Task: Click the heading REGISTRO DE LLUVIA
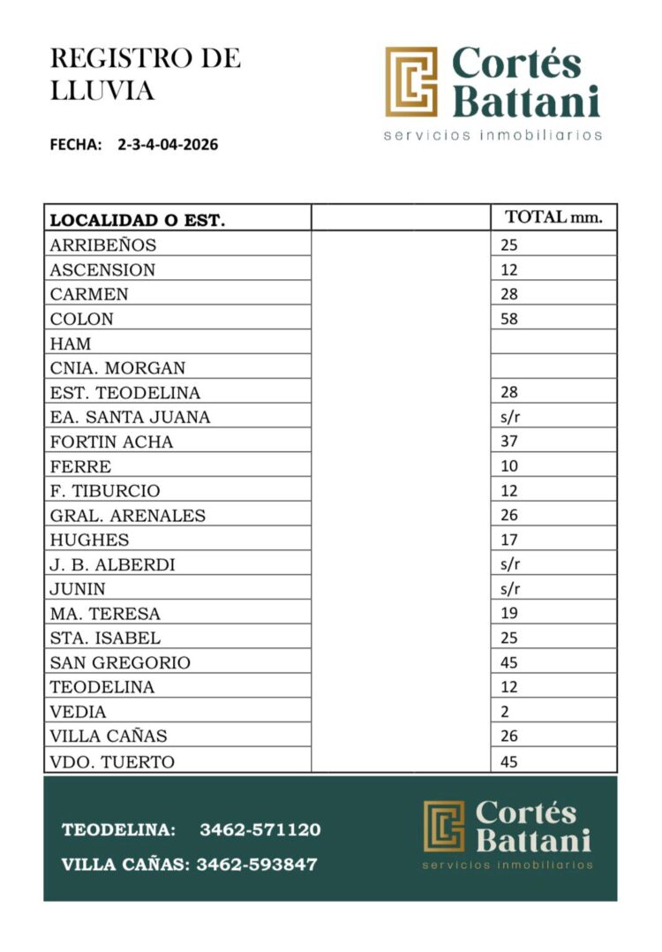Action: [145, 74]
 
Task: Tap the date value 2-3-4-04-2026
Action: [168, 145]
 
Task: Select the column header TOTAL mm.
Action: [553, 218]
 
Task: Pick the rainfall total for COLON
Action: [509, 319]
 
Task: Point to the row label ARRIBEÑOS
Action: [102, 246]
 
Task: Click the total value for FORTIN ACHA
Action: [509, 442]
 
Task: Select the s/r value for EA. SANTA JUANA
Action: [510, 417]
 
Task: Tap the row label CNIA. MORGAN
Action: [117, 367]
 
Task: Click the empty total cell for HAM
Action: [553, 343]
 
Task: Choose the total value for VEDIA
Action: [505, 711]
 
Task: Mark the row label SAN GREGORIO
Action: [120, 662]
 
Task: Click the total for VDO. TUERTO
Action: [509, 761]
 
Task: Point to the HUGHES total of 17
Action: [509, 540]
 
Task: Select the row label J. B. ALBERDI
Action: [112, 564]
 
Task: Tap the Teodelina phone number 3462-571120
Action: [260, 830]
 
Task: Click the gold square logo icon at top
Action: [411, 82]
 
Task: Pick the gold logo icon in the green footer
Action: [444, 826]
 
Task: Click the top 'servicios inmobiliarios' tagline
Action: [493, 136]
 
